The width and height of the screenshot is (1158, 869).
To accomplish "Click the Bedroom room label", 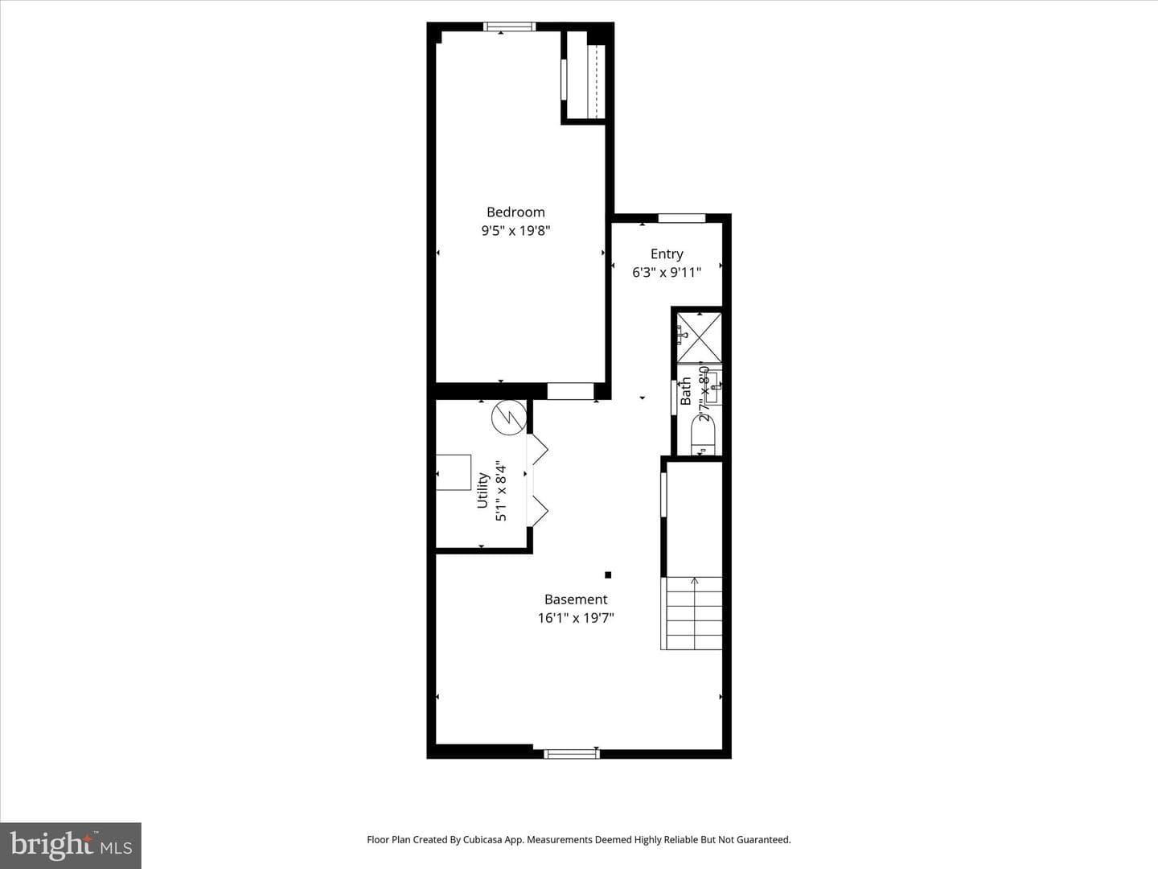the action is click(515, 212).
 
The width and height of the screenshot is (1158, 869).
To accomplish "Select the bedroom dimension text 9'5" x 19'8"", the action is click(515, 231).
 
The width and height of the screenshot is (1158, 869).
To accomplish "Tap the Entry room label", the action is click(667, 254).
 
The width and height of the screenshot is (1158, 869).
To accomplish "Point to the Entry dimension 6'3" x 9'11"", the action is click(667, 272).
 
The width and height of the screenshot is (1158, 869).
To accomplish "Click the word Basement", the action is click(576, 599).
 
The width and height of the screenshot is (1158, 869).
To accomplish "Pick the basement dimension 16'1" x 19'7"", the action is click(576, 618).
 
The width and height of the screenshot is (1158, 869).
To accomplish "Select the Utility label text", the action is click(482, 490).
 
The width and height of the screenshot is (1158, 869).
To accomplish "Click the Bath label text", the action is click(685, 391).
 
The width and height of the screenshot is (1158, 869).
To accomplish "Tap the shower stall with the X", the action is click(699, 338).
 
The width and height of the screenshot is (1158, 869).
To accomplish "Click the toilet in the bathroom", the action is click(703, 435).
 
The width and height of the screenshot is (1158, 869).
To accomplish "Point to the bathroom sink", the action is click(712, 387).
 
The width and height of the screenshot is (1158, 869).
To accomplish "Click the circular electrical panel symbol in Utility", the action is click(509, 418).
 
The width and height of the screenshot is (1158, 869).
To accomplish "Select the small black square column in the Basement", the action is click(608, 575).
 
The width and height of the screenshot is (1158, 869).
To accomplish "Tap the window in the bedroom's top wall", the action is click(510, 27).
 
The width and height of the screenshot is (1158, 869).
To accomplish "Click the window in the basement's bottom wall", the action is click(572, 754).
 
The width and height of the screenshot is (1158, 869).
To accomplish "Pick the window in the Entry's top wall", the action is click(682, 218).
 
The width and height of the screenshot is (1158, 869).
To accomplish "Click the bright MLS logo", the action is click(71, 846).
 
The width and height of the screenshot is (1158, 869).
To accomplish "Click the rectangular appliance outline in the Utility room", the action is click(454, 472).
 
